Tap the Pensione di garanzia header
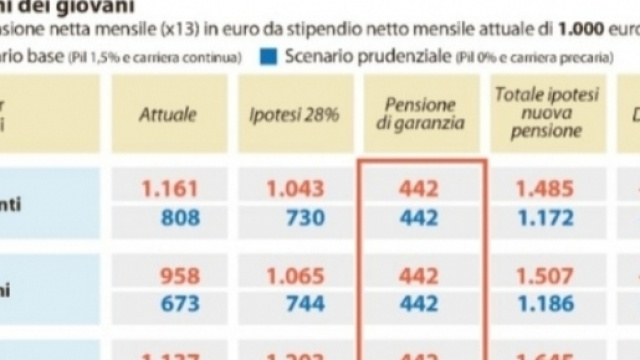420,114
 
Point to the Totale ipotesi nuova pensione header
545,113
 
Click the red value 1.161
171,187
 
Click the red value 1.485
545,187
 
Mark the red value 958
179,275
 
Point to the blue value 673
179,302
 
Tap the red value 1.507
545,275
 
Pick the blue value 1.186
545,302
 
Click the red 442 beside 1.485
420,187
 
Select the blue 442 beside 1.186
420,302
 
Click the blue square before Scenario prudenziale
268,56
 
